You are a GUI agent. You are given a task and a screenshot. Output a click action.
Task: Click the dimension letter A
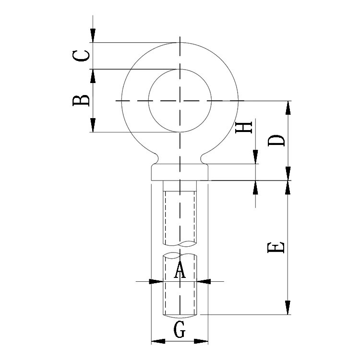180,270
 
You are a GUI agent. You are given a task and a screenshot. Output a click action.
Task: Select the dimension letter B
81,100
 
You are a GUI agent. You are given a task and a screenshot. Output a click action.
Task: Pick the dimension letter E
276,247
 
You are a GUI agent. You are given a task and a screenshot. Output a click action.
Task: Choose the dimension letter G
180,330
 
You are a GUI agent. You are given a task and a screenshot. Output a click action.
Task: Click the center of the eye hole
180,101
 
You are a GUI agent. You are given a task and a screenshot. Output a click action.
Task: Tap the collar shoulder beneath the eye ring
180,172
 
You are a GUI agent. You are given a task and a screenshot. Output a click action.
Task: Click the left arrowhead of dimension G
158,342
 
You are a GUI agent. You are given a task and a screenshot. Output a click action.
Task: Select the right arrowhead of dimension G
201,342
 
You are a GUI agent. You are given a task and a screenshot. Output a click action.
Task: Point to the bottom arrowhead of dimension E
288,308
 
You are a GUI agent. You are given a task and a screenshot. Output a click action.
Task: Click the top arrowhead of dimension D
288,108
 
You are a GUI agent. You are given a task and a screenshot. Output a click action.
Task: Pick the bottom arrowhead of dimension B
93,125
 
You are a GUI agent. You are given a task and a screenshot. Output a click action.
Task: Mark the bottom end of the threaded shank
180,315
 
